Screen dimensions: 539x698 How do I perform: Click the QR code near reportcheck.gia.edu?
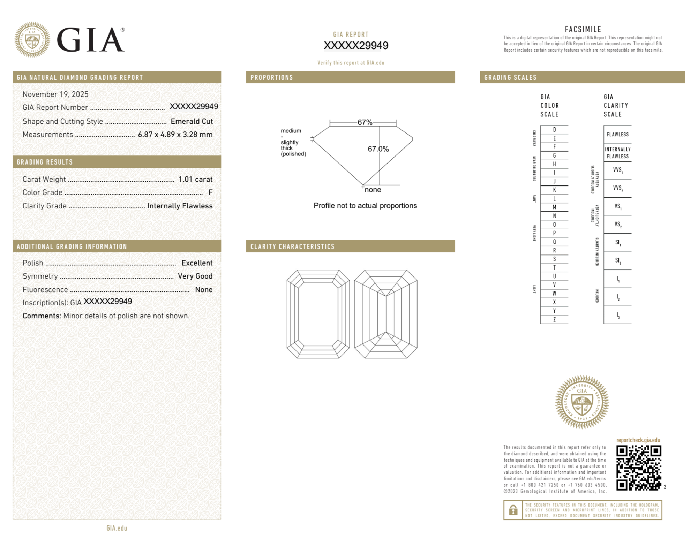[638, 468]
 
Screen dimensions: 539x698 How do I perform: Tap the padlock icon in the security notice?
[513, 510]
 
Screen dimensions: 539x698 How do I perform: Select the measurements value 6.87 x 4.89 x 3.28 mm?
[175, 135]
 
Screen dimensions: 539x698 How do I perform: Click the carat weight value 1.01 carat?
[195, 179]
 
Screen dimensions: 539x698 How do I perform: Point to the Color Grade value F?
[210, 192]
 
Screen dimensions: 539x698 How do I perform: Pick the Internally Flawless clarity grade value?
[180, 206]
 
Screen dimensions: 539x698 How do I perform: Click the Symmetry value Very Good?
[195, 276]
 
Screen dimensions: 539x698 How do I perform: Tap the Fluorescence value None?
[204, 290]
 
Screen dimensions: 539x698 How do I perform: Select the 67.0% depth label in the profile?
[378, 149]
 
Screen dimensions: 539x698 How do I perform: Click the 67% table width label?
[365, 122]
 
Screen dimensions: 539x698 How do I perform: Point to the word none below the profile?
[373, 190]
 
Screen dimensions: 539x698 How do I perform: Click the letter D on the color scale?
[554, 130]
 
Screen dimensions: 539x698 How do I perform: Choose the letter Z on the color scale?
[554, 319]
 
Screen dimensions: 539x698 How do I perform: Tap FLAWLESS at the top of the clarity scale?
[617, 135]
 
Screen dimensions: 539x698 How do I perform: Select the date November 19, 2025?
[55, 94]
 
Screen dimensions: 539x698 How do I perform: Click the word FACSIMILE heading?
[583, 29]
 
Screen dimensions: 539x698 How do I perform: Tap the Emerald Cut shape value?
[192, 121]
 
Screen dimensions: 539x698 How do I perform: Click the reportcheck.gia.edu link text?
[638, 440]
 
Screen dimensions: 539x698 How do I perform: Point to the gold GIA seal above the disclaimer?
[582, 402]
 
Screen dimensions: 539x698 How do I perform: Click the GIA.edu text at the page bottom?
[117, 528]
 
